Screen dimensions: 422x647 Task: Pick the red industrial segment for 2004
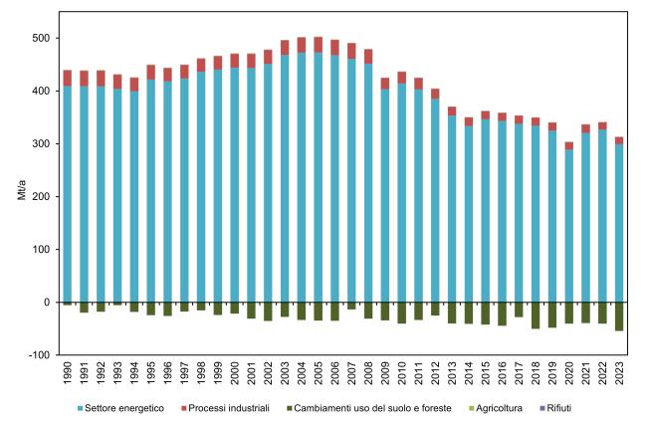tap(302, 45)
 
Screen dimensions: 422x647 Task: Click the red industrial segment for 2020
tap(569, 146)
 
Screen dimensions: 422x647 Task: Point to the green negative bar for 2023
tap(619, 316)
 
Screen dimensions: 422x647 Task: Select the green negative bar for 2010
tap(402, 313)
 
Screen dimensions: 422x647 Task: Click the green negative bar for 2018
tap(536, 316)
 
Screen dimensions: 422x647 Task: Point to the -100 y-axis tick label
tap(40, 355)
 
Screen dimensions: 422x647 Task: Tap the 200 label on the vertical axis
tap(42, 197)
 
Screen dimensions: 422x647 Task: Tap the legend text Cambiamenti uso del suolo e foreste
tap(373, 408)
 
